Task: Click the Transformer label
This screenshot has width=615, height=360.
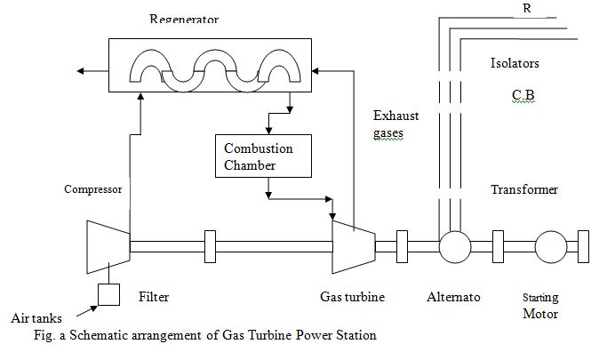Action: coord(524,189)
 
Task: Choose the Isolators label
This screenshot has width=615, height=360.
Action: coord(515,64)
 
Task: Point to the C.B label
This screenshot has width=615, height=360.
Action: coord(523,94)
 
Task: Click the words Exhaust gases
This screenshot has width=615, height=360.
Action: coord(395,124)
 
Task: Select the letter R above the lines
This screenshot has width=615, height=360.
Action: coord(526,8)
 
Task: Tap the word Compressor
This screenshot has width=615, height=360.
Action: coord(93,189)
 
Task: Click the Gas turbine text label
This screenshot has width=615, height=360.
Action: coord(352,297)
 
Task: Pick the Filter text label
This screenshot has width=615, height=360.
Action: coord(155,297)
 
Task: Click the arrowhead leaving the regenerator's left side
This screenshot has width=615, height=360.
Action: coord(81,69)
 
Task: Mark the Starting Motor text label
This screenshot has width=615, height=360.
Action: coord(541,306)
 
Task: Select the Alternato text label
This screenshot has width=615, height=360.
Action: coord(452,297)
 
